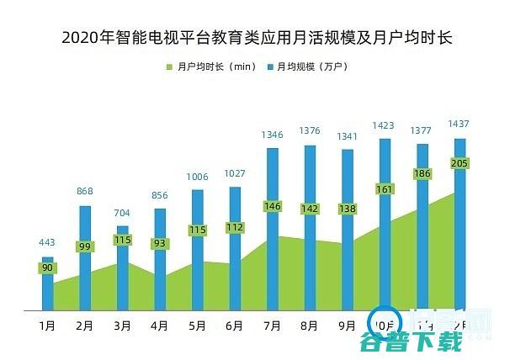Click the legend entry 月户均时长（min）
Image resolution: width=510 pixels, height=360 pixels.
pos(210,66)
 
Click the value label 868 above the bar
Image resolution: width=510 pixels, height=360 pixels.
pos(85,192)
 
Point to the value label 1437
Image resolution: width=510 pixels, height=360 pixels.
pos(460,124)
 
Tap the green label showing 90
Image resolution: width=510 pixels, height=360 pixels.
pos(48,268)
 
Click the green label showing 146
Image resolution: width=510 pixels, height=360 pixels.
pos(273,206)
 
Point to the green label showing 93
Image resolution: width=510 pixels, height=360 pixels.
pos(160,244)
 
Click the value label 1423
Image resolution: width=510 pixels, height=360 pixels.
pos(385,124)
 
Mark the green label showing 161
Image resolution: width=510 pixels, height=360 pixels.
pos(385,189)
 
